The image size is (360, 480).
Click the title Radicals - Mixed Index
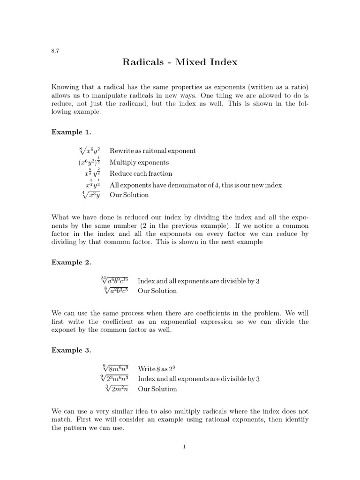tap(180, 62)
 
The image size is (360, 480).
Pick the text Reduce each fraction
tap(141, 173)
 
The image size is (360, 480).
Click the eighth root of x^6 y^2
tap(90, 150)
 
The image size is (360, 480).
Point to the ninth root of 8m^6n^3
tap(116, 368)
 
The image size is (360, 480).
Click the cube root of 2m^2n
tap(118, 389)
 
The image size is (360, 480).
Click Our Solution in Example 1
tap(129, 195)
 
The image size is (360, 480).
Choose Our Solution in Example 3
tap(157, 389)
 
